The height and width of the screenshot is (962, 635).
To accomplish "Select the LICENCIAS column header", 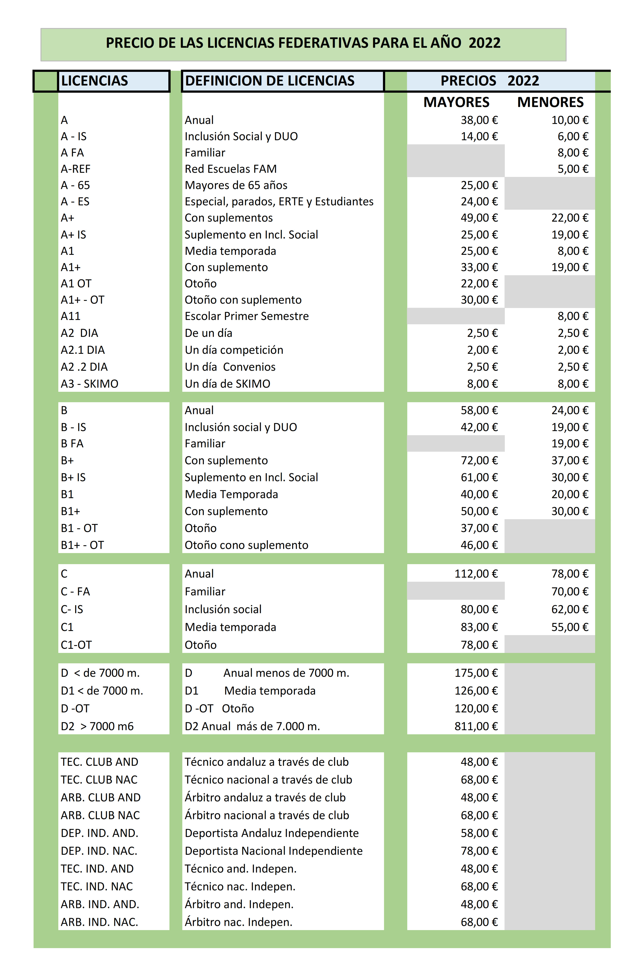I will [x=94, y=81].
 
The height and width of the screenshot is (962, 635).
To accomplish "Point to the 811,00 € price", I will [x=476, y=726].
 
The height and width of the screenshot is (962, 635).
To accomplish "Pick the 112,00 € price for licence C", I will [x=476, y=574].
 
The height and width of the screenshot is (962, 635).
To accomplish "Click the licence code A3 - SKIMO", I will [x=90, y=384].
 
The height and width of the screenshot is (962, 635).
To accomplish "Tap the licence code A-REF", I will [x=76, y=169].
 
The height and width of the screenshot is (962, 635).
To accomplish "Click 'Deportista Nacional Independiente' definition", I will [x=273, y=851].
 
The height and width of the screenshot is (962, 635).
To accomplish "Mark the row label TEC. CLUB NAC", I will [x=99, y=780].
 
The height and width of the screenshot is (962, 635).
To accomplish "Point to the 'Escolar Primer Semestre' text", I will [x=247, y=316].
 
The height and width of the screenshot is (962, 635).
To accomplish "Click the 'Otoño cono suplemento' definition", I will [x=246, y=545].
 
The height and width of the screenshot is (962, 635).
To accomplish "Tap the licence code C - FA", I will [x=75, y=592].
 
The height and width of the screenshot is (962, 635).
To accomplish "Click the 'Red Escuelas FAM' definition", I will [x=231, y=169].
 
